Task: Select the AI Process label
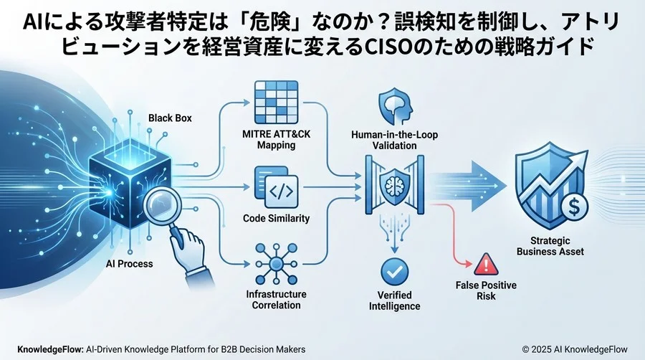click(x=129, y=264)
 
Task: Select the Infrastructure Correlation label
click(x=277, y=300)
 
